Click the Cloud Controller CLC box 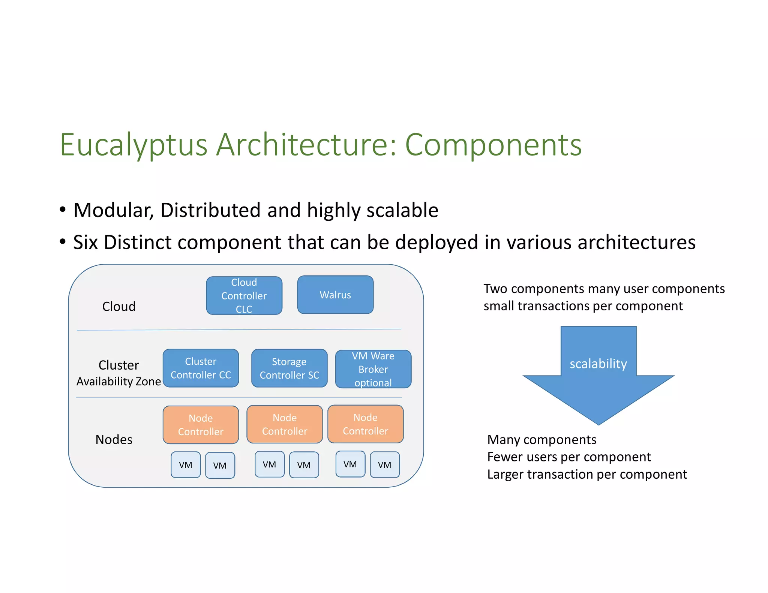244,296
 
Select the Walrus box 335,295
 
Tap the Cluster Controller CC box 201,368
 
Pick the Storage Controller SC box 289,368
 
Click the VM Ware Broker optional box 373,369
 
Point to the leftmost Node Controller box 201,425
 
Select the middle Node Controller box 285,424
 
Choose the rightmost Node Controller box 366,424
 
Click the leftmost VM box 186,465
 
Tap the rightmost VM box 385,465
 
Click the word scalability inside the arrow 598,364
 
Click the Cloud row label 119,307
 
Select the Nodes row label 114,439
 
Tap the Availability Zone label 118,382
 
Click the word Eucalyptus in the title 133,145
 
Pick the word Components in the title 493,145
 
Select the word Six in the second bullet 85,243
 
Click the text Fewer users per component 569,457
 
